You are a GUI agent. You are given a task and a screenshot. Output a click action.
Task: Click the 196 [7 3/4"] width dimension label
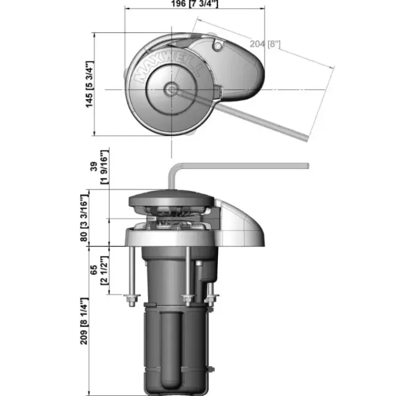tap(195, 3)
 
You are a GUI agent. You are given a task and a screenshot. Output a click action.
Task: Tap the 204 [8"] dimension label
tap(265, 44)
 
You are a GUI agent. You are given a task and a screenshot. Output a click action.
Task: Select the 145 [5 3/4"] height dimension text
tap(90, 84)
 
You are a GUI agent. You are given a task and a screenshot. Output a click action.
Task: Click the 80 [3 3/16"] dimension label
tap(84, 218)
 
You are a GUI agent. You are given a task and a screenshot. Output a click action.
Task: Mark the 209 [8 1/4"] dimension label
tap(84, 321)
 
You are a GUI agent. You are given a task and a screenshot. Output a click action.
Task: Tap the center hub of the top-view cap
tap(171, 89)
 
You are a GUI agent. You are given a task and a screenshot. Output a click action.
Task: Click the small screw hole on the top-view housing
tap(218, 46)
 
